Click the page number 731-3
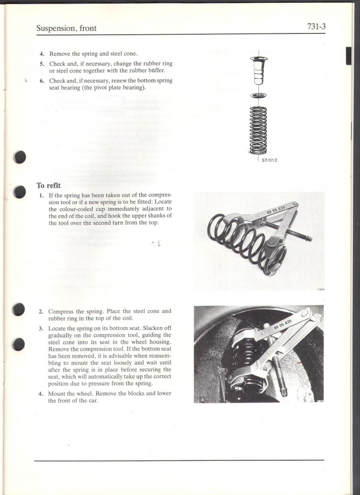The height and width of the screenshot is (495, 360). (316, 27)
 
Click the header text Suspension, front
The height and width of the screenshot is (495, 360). (66, 28)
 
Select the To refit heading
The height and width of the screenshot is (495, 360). (48, 186)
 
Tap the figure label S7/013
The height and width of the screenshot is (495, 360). (269, 160)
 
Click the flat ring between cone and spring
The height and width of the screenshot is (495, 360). (258, 96)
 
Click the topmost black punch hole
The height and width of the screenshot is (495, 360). (19, 157)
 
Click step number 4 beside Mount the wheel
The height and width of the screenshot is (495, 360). (41, 394)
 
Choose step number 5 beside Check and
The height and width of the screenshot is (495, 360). (42, 64)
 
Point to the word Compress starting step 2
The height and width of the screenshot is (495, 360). (61, 311)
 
